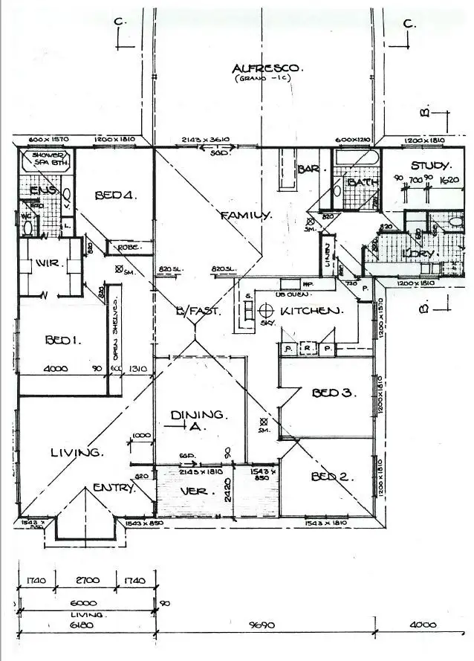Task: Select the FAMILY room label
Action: pyautogui.click(x=244, y=215)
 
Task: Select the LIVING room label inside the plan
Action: pyautogui.click(x=76, y=452)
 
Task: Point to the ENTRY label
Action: pyautogui.click(x=114, y=488)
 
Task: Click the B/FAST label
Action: pyautogui.click(x=198, y=312)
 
